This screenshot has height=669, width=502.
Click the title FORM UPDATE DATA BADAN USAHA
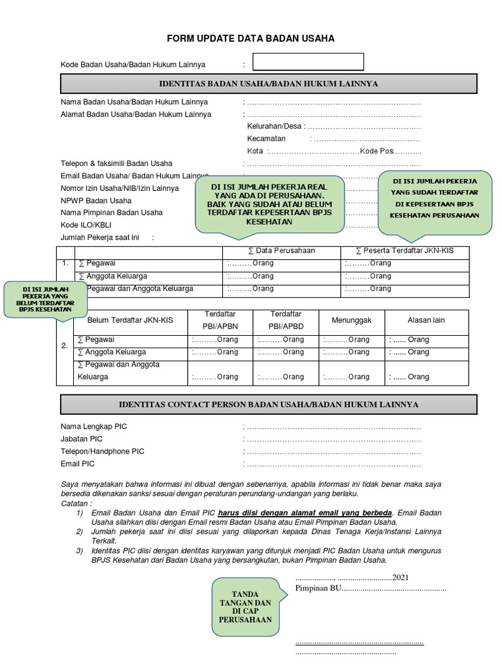click(250, 39)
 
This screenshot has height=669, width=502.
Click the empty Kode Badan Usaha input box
click(308, 62)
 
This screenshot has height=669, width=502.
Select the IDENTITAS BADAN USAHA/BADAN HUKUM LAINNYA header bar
click(269, 84)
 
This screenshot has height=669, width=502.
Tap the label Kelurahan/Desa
click(274, 126)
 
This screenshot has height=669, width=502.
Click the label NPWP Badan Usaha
click(96, 201)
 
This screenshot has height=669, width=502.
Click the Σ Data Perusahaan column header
click(282, 252)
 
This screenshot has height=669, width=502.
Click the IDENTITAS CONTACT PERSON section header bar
click(269, 405)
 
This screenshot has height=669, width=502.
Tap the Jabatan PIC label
click(82, 439)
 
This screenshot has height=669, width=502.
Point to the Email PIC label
click(78, 464)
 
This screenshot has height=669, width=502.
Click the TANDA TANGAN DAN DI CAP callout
click(246, 606)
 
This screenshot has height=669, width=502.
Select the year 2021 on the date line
click(401, 578)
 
